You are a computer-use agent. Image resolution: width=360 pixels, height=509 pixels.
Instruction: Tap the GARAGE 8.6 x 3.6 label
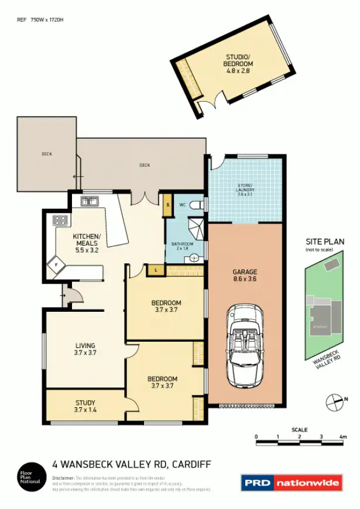[245, 276]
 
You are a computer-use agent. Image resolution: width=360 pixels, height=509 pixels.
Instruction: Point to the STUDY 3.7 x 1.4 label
[85, 407]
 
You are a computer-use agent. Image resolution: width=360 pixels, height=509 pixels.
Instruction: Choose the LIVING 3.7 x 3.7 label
[85, 349]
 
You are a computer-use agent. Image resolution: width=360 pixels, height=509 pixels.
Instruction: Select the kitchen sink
[89, 202]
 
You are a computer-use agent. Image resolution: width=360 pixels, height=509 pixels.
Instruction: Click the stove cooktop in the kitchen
[60, 221]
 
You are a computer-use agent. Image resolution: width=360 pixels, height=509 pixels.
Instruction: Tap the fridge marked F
[57, 264]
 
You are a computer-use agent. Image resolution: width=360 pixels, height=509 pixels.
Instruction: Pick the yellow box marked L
[155, 270]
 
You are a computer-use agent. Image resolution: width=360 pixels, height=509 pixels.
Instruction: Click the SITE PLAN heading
[325, 242]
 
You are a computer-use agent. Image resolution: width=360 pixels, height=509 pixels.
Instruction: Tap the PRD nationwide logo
[291, 483]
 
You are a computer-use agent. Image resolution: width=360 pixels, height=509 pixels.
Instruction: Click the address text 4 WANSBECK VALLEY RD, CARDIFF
[132, 465]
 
